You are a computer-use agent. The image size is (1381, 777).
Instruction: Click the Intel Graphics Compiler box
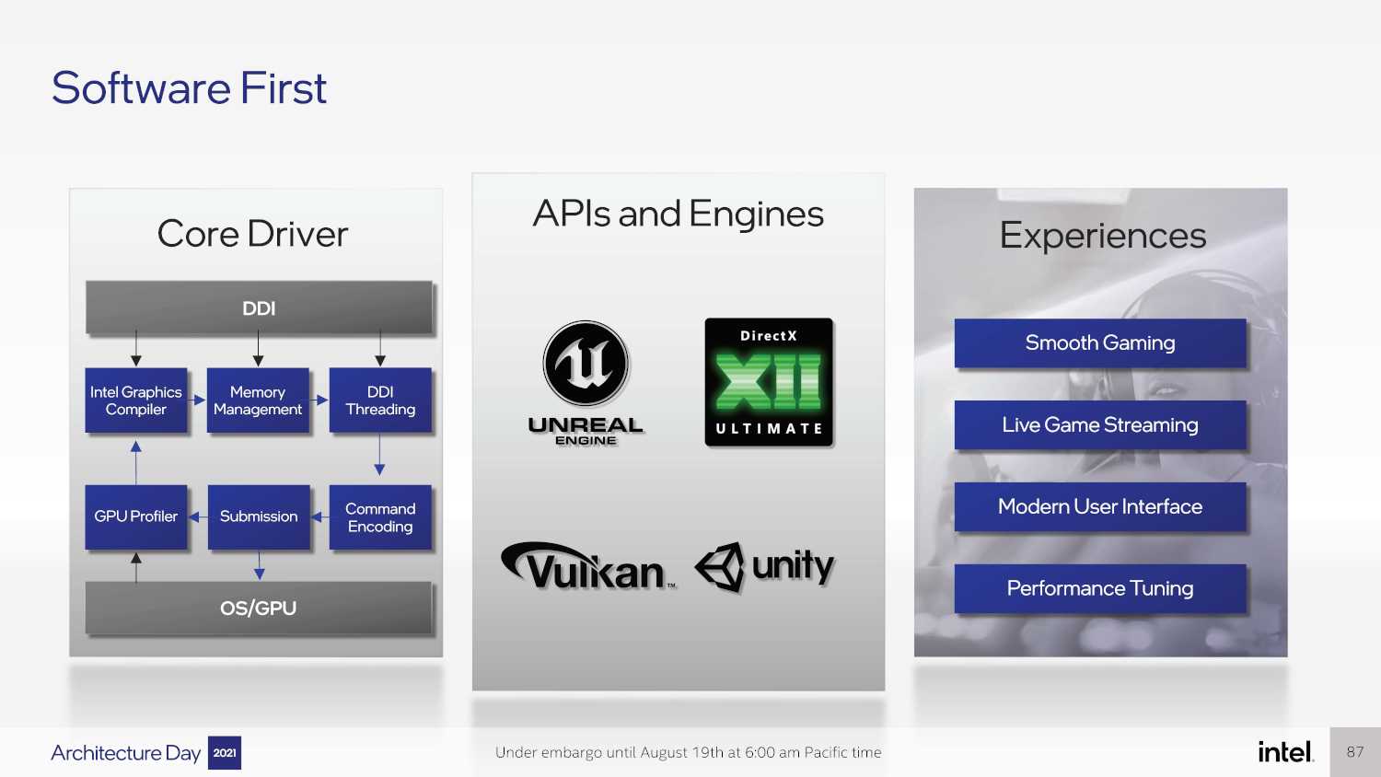click(x=136, y=400)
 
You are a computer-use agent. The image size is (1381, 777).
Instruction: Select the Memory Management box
click(x=258, y=400)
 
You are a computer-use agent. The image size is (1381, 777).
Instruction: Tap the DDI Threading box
click(x=380, y=400)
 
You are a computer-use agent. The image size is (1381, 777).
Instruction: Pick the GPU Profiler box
click(x=136, y=516)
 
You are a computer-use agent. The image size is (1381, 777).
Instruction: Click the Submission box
click(x=259, y=516)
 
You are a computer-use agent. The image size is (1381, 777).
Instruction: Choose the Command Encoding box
click(x=380, y=517)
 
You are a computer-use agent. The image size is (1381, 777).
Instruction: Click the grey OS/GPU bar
click(x=259, y=608)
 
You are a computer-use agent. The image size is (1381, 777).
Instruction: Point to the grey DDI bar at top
click(x=259, y=307)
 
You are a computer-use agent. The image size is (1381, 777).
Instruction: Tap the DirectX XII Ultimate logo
click(x=769, y=382)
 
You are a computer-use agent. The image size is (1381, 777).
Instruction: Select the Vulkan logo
click(x=589, y=566)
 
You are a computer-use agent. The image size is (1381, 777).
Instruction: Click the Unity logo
click(x=765, y=566)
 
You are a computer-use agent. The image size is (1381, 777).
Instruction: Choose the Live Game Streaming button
click(x=1100, y=424)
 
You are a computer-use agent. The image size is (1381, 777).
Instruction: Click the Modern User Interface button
click(x=1100, y=506)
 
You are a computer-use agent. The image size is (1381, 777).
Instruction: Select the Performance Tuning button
click(x=1100, y=588)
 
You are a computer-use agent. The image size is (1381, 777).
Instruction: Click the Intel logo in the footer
click(x=1285, y=752)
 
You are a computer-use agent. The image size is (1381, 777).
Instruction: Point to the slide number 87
click(x=1355, y=752)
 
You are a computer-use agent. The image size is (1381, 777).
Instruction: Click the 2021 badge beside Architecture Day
click(x=225, y=753)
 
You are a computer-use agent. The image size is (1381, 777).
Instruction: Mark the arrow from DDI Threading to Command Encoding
click(x=379, y=455)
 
